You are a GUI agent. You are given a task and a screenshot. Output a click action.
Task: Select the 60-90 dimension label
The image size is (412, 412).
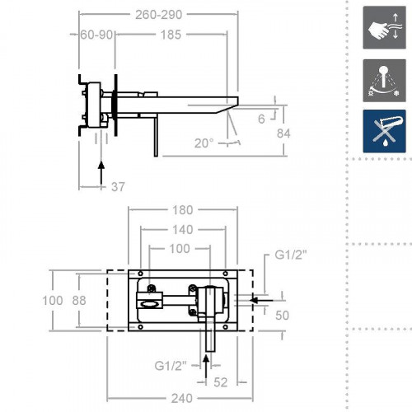coord(97,35)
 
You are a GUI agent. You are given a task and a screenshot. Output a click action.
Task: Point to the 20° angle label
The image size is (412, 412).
coord(203,143)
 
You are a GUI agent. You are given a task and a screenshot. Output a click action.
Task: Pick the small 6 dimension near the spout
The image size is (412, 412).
coord(261,119)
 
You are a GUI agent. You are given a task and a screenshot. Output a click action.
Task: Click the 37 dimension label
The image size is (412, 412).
coord(118,187)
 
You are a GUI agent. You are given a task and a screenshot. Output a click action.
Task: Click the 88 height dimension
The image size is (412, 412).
coord(80,301)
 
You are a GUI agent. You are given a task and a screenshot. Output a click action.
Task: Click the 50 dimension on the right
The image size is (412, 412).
coord(283,316)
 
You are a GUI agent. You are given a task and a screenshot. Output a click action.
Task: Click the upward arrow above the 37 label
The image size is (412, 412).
coord(101,172)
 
